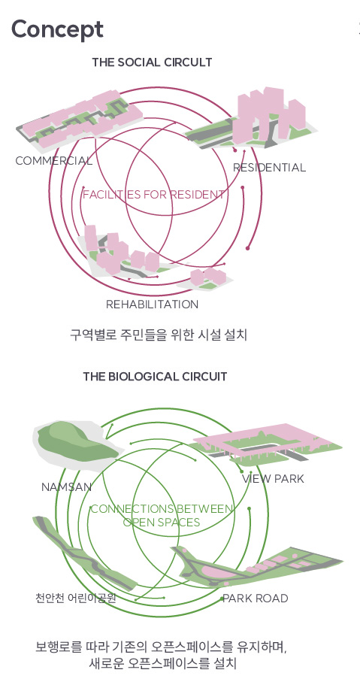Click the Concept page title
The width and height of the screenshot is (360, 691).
[57, 29]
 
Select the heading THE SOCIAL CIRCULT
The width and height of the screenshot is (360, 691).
[152, 62]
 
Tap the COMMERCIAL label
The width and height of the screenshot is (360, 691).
[54, 161]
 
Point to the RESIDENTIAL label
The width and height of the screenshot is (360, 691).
[269, 168]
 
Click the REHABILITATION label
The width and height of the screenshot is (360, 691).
[152, 304]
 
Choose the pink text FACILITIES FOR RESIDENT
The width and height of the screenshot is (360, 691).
[154, 194]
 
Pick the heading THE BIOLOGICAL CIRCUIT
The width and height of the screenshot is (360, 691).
[155, 377]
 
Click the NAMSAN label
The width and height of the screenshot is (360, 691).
[67, 487]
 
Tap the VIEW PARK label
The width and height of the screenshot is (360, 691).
[273, 479]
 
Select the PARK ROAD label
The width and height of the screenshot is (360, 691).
[255, 598]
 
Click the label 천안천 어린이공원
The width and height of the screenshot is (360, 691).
[75, 598]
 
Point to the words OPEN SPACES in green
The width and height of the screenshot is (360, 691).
[162, 523]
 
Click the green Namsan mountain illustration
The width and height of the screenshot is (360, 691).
[75, 443]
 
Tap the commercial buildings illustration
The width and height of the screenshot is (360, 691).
[80, 119]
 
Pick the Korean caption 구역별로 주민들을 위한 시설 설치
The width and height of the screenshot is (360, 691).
[159, 335]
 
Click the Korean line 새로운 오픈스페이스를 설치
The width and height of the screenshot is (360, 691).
[162, 663]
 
